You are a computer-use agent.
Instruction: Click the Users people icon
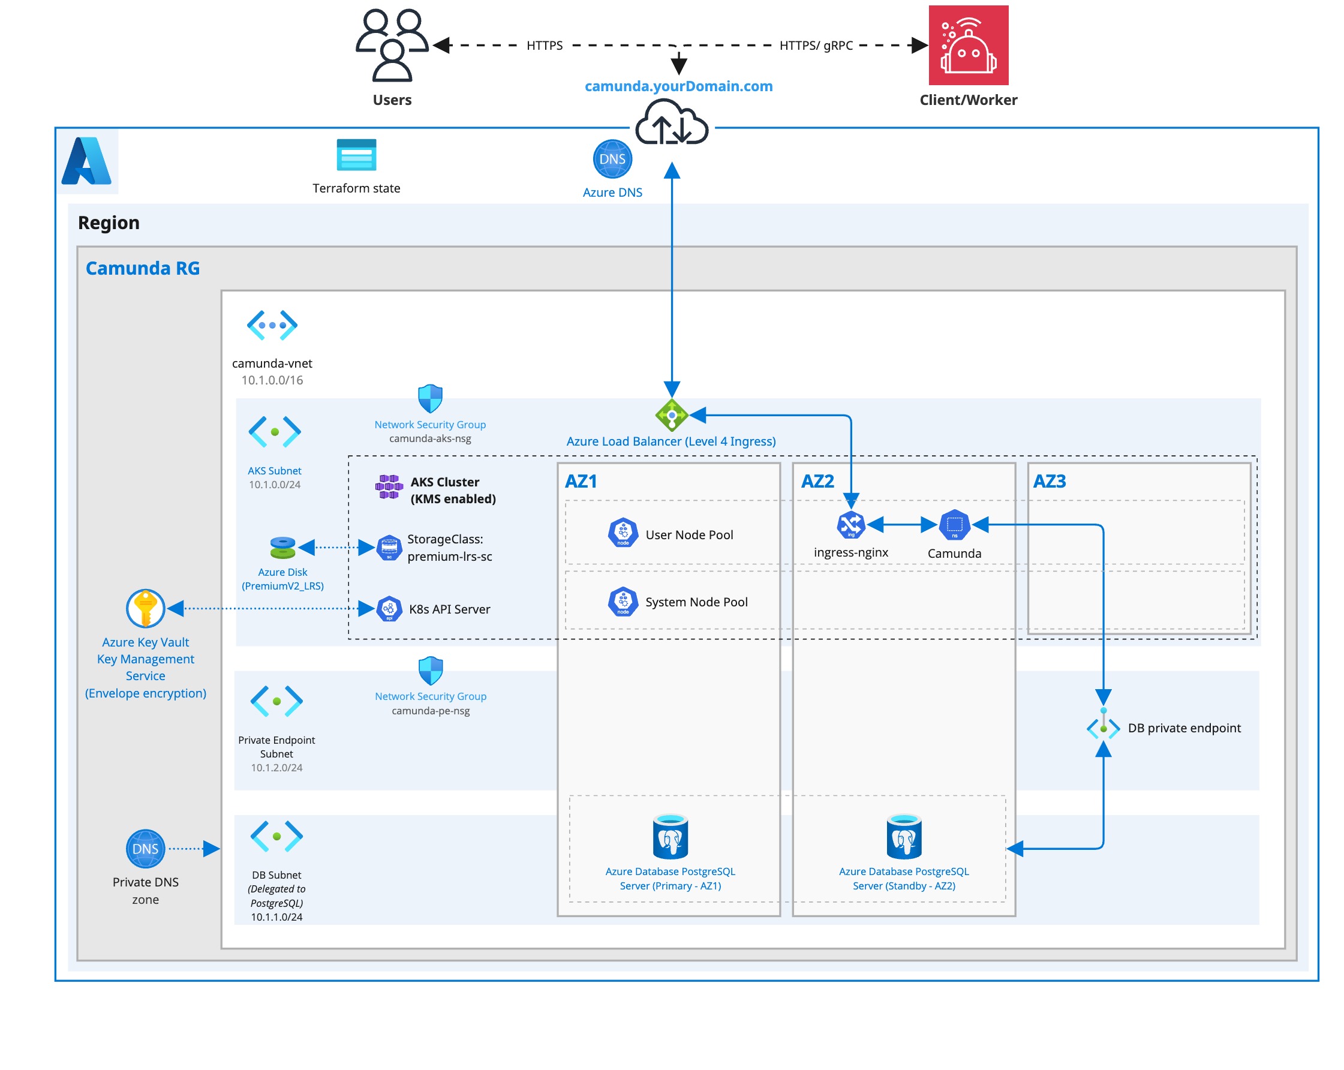click(392, 45)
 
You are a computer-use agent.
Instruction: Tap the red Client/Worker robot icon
click(968, 45)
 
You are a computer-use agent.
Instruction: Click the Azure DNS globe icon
click(612, 159)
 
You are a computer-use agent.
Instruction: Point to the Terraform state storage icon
click(356, 155)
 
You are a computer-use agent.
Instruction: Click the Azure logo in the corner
click(86, 161)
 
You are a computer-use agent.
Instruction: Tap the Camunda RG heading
click(143, 268)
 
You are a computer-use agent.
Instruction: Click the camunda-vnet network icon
click(272, 325)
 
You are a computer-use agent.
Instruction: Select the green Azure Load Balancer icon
click(671, 414)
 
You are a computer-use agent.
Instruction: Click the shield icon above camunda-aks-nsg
click(430, 398)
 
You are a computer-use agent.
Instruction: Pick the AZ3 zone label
click(1049, 482)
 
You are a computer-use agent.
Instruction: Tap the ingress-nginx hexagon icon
click(850, 525)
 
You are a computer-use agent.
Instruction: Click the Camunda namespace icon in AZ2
click(954, 525)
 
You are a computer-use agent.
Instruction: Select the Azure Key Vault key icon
click(145, 608)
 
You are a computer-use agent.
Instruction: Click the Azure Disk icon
click(282, 548)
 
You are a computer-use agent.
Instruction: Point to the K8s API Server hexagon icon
click(389, 609)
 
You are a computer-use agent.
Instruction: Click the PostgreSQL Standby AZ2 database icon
click(904, 837)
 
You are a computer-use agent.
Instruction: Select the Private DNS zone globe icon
click(145, 848)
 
